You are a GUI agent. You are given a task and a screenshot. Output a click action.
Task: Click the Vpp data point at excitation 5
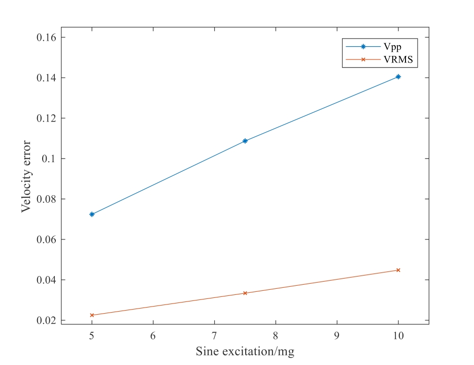coord(92,214)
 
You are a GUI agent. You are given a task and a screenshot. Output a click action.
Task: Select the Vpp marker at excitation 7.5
coord(245,141)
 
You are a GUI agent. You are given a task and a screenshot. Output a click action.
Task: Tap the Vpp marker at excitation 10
coord(398,77)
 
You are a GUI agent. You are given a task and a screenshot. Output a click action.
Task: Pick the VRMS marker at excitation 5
coord(92,315)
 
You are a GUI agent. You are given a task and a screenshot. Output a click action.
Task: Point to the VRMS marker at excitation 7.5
coord(245,293)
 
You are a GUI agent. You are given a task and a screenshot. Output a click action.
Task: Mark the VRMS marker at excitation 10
coord(398,270)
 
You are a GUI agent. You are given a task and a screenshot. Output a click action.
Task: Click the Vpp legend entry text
coord(392,47)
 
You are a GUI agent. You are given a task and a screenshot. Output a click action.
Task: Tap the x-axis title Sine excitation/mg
coord(245,351)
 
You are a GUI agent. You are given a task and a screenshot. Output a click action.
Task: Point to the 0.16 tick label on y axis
coord(44,38)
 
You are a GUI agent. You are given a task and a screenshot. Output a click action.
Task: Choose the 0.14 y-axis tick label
coord(44,78)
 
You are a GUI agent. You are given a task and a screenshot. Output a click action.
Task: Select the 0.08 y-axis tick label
coord(44,199)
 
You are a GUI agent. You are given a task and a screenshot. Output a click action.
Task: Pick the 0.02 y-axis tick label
coord(44,320)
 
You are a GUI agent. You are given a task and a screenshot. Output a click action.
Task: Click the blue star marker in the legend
coord(363,47)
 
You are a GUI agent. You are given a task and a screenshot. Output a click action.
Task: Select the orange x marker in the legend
coord(363,59)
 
